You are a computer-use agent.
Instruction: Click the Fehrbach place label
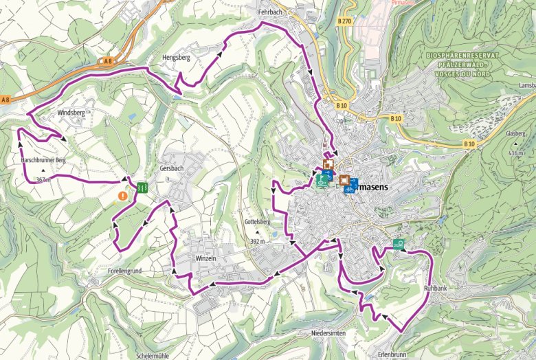tap(271, 12)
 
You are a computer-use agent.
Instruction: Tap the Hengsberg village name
tap(175, 58)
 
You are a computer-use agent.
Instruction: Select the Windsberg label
tap(71, 111)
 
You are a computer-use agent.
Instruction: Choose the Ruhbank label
tap(436, 289)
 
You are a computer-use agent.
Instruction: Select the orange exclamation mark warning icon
tap(122, 196)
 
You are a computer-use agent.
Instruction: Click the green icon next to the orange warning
tap(141, 186)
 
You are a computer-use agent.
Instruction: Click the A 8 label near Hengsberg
tap(107, 62)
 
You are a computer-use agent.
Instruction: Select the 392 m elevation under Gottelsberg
tap(258, 242)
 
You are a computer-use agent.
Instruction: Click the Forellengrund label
tap(124, 271)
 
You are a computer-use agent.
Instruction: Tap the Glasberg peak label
tap(515, 134)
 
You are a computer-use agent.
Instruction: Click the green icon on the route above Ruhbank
tap(399, 242)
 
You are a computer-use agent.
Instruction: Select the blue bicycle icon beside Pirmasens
tap(349, 185)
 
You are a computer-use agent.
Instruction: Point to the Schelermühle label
tap(153, 356)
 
